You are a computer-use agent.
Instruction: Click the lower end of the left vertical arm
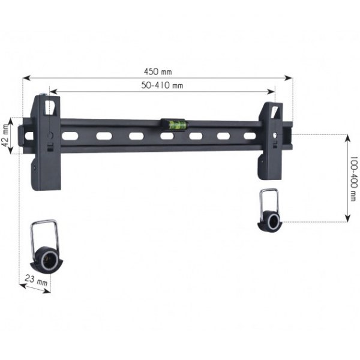pos(46,180)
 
